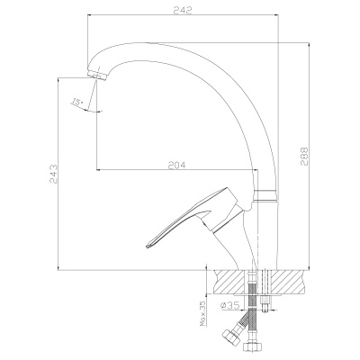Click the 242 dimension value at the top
point(183,10)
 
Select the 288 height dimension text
point(304,156)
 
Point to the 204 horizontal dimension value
point(177,165)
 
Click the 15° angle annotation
point(76,102)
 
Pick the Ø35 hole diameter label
point(229,305)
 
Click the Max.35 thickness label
point(202,313)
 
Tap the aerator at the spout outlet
point(96,75)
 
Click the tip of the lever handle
point(147,247)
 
